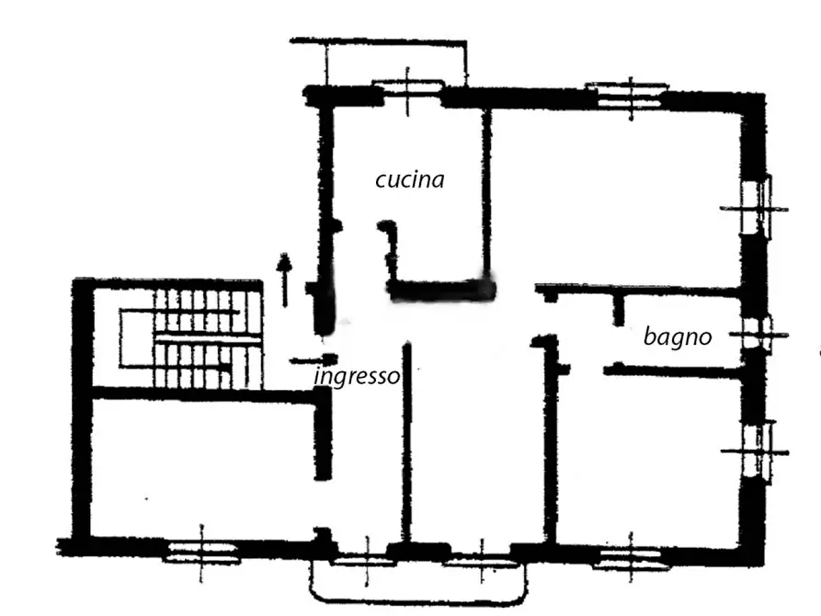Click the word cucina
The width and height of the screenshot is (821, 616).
click(x=410, y=179)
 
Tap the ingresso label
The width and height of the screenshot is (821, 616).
click(x=357, y=375)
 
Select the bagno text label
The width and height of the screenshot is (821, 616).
click(x=678, y=337)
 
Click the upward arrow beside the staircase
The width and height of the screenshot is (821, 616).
click(x=284, y=279)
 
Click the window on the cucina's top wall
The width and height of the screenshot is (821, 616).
click(x=408, y=88)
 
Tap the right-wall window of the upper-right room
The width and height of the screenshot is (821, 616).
click(x=758, y=209)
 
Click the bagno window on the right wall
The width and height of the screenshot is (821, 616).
click(x=758, y=335)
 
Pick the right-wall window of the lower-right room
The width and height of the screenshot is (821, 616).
click(x=758, y=451)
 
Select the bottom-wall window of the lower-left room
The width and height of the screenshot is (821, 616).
click(x=201, y=552)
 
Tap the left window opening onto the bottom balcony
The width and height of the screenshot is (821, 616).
click(x=366, y=562)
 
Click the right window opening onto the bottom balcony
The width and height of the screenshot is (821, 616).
click(x=481, y=562)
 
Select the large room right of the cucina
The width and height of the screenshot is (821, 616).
click(x=616, y=195)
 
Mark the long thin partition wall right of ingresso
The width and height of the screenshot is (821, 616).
click(x=406, y=442)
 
